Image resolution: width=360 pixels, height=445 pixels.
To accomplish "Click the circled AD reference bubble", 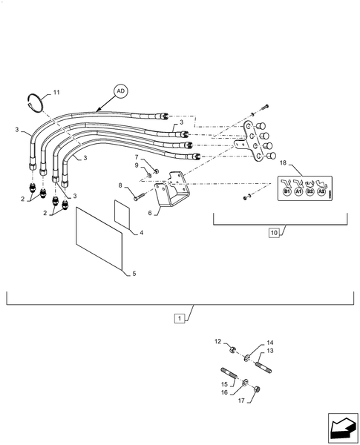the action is click(x=121, y=91).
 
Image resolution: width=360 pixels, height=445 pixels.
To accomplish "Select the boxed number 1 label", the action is click(x=179, y=318).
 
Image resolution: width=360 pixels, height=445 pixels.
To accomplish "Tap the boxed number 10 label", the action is click(x=274, y=233).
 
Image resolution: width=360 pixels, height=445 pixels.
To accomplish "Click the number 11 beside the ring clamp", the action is click(x=56, y=92).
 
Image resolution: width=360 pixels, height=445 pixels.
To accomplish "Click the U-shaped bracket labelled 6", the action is click(x=172, y=191).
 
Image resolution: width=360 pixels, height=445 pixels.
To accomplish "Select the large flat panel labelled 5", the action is click(x=99, y=238).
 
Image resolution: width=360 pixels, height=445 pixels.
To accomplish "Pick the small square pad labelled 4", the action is click(x=122, y=215).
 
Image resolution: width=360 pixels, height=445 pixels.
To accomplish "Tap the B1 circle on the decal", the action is click(x=287, y=192).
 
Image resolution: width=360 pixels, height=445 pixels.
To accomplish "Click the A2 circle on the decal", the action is click(x=321, y=192).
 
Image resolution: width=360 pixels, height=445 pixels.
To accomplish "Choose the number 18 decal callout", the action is click(x=283, y=163).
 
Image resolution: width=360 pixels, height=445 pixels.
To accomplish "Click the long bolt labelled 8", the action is click(x=140, y=196).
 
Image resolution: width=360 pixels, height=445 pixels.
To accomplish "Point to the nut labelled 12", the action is click(x=232, y=350).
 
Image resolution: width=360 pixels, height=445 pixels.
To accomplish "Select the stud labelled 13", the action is click(x=264, y=366).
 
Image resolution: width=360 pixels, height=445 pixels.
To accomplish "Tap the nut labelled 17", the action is click(x=257, y=389).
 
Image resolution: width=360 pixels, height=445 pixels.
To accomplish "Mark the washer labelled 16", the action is click(x=245, y=383).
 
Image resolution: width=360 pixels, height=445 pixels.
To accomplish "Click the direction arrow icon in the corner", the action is click(x=343, y=428).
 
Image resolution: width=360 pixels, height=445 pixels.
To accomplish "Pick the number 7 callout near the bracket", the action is click(x=137, y=157).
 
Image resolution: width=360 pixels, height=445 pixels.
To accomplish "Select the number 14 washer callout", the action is click(x=270, y=343).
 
